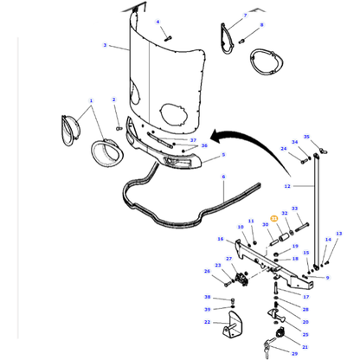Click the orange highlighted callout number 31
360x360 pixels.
pyautogui.click(x=274, y=218)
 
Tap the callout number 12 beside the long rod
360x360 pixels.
pyautogui.click(x=288, y=186)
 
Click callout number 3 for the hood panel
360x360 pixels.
pyautogui.click(x=105, y=46)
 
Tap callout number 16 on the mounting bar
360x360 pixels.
pyautogui.click(x=221, y=240)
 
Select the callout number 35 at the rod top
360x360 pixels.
pyautogui.click(x=305, y=136)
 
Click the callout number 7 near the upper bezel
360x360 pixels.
pyautogui.click(x=245, y=16)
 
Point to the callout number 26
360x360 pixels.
pyautogui.click(x=207, y=272)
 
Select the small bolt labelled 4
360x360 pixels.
pyautogui.click(x=168, y=36)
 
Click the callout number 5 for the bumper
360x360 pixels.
pyautogui.click(x=222, y=156)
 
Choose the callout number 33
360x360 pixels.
pyautogui.click(x=294, y=209)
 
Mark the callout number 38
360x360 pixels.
pyautogui.click(x=207, y=297)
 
